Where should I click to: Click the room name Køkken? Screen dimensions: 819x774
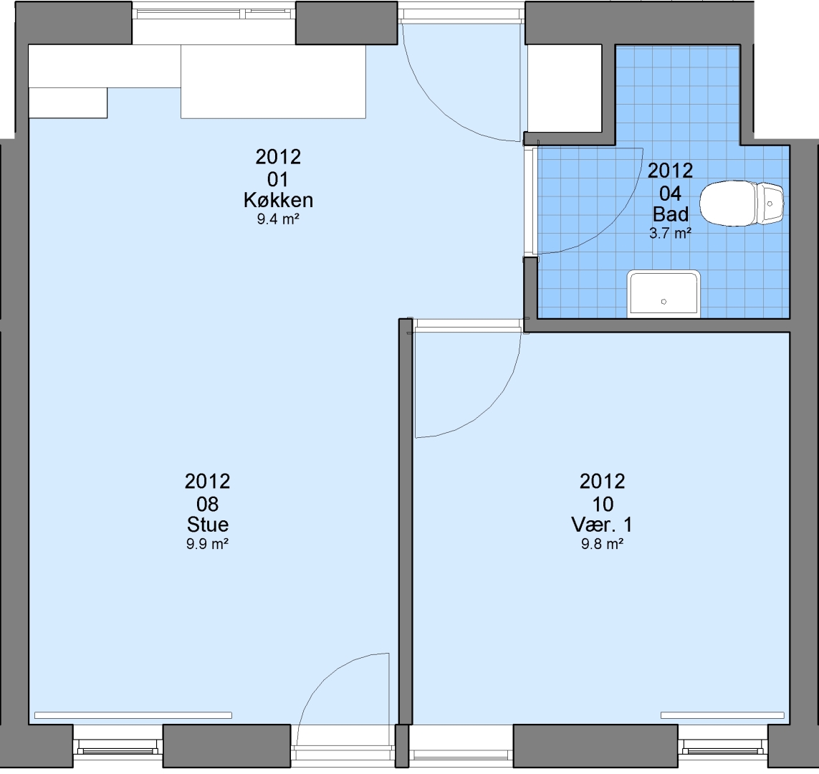278,200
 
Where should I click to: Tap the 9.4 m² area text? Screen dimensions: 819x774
278,219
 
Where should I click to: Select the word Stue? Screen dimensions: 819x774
207,525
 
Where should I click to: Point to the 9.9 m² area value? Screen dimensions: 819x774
207,544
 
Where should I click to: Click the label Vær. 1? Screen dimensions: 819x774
602,525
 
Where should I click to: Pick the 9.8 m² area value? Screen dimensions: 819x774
602,544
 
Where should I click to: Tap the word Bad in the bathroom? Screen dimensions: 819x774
671,214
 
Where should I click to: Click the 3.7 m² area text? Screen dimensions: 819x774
671,234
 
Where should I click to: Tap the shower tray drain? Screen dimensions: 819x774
664,301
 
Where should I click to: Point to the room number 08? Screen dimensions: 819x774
207,504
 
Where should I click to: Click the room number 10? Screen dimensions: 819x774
602,504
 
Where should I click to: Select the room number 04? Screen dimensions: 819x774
670,193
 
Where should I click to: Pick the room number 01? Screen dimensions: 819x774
278,180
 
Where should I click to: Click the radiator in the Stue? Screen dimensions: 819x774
133,715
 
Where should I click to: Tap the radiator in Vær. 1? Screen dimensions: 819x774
722,715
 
